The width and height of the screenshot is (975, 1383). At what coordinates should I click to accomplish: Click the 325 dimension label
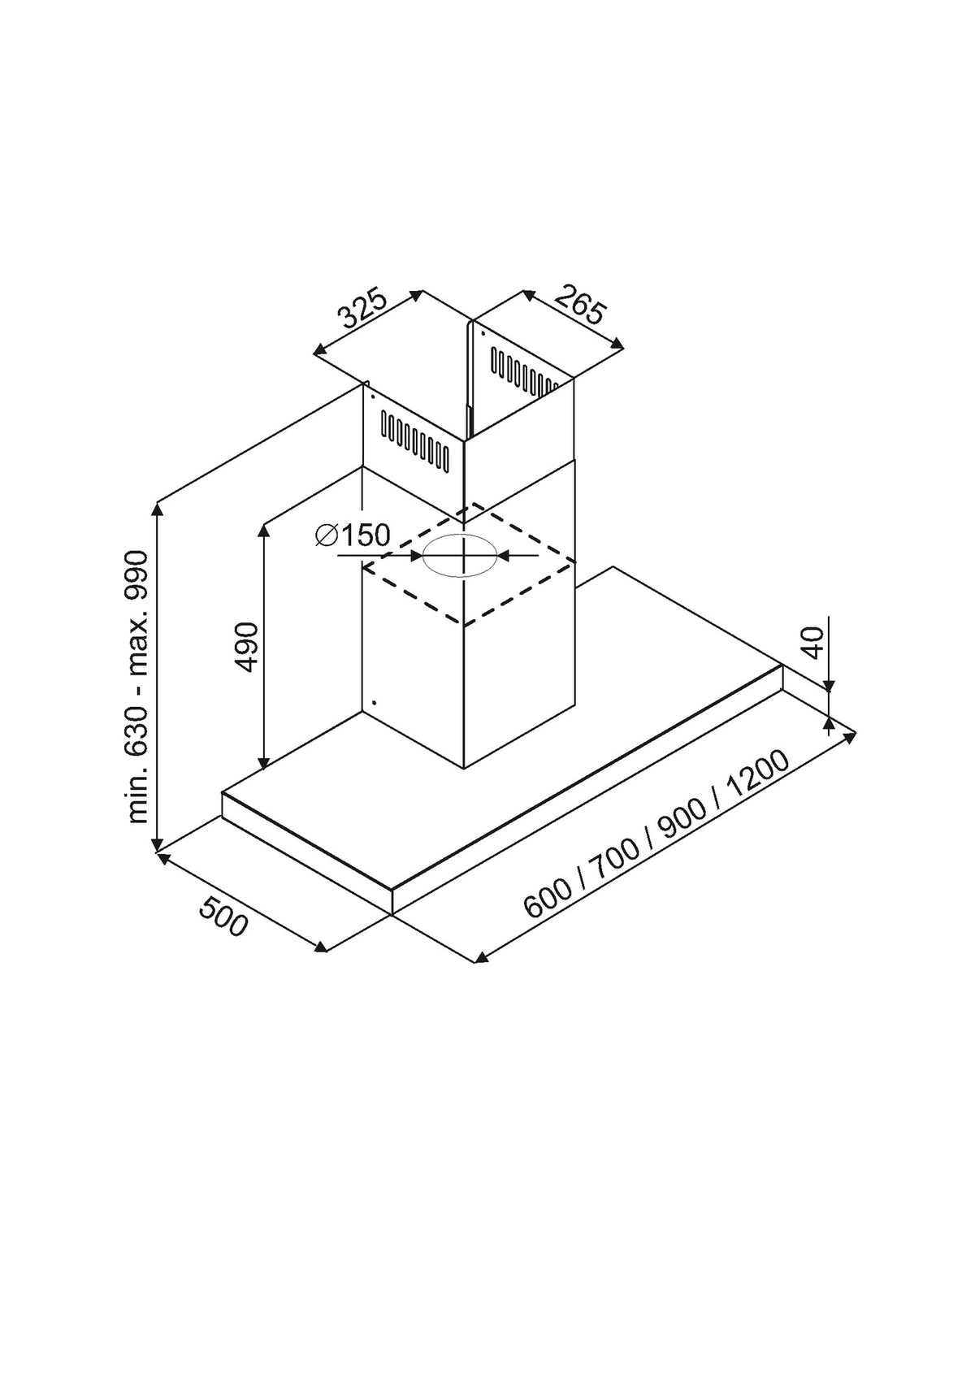364,309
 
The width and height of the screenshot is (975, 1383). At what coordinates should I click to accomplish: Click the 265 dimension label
578,306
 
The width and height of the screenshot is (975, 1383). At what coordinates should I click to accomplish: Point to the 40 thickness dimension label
815,644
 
